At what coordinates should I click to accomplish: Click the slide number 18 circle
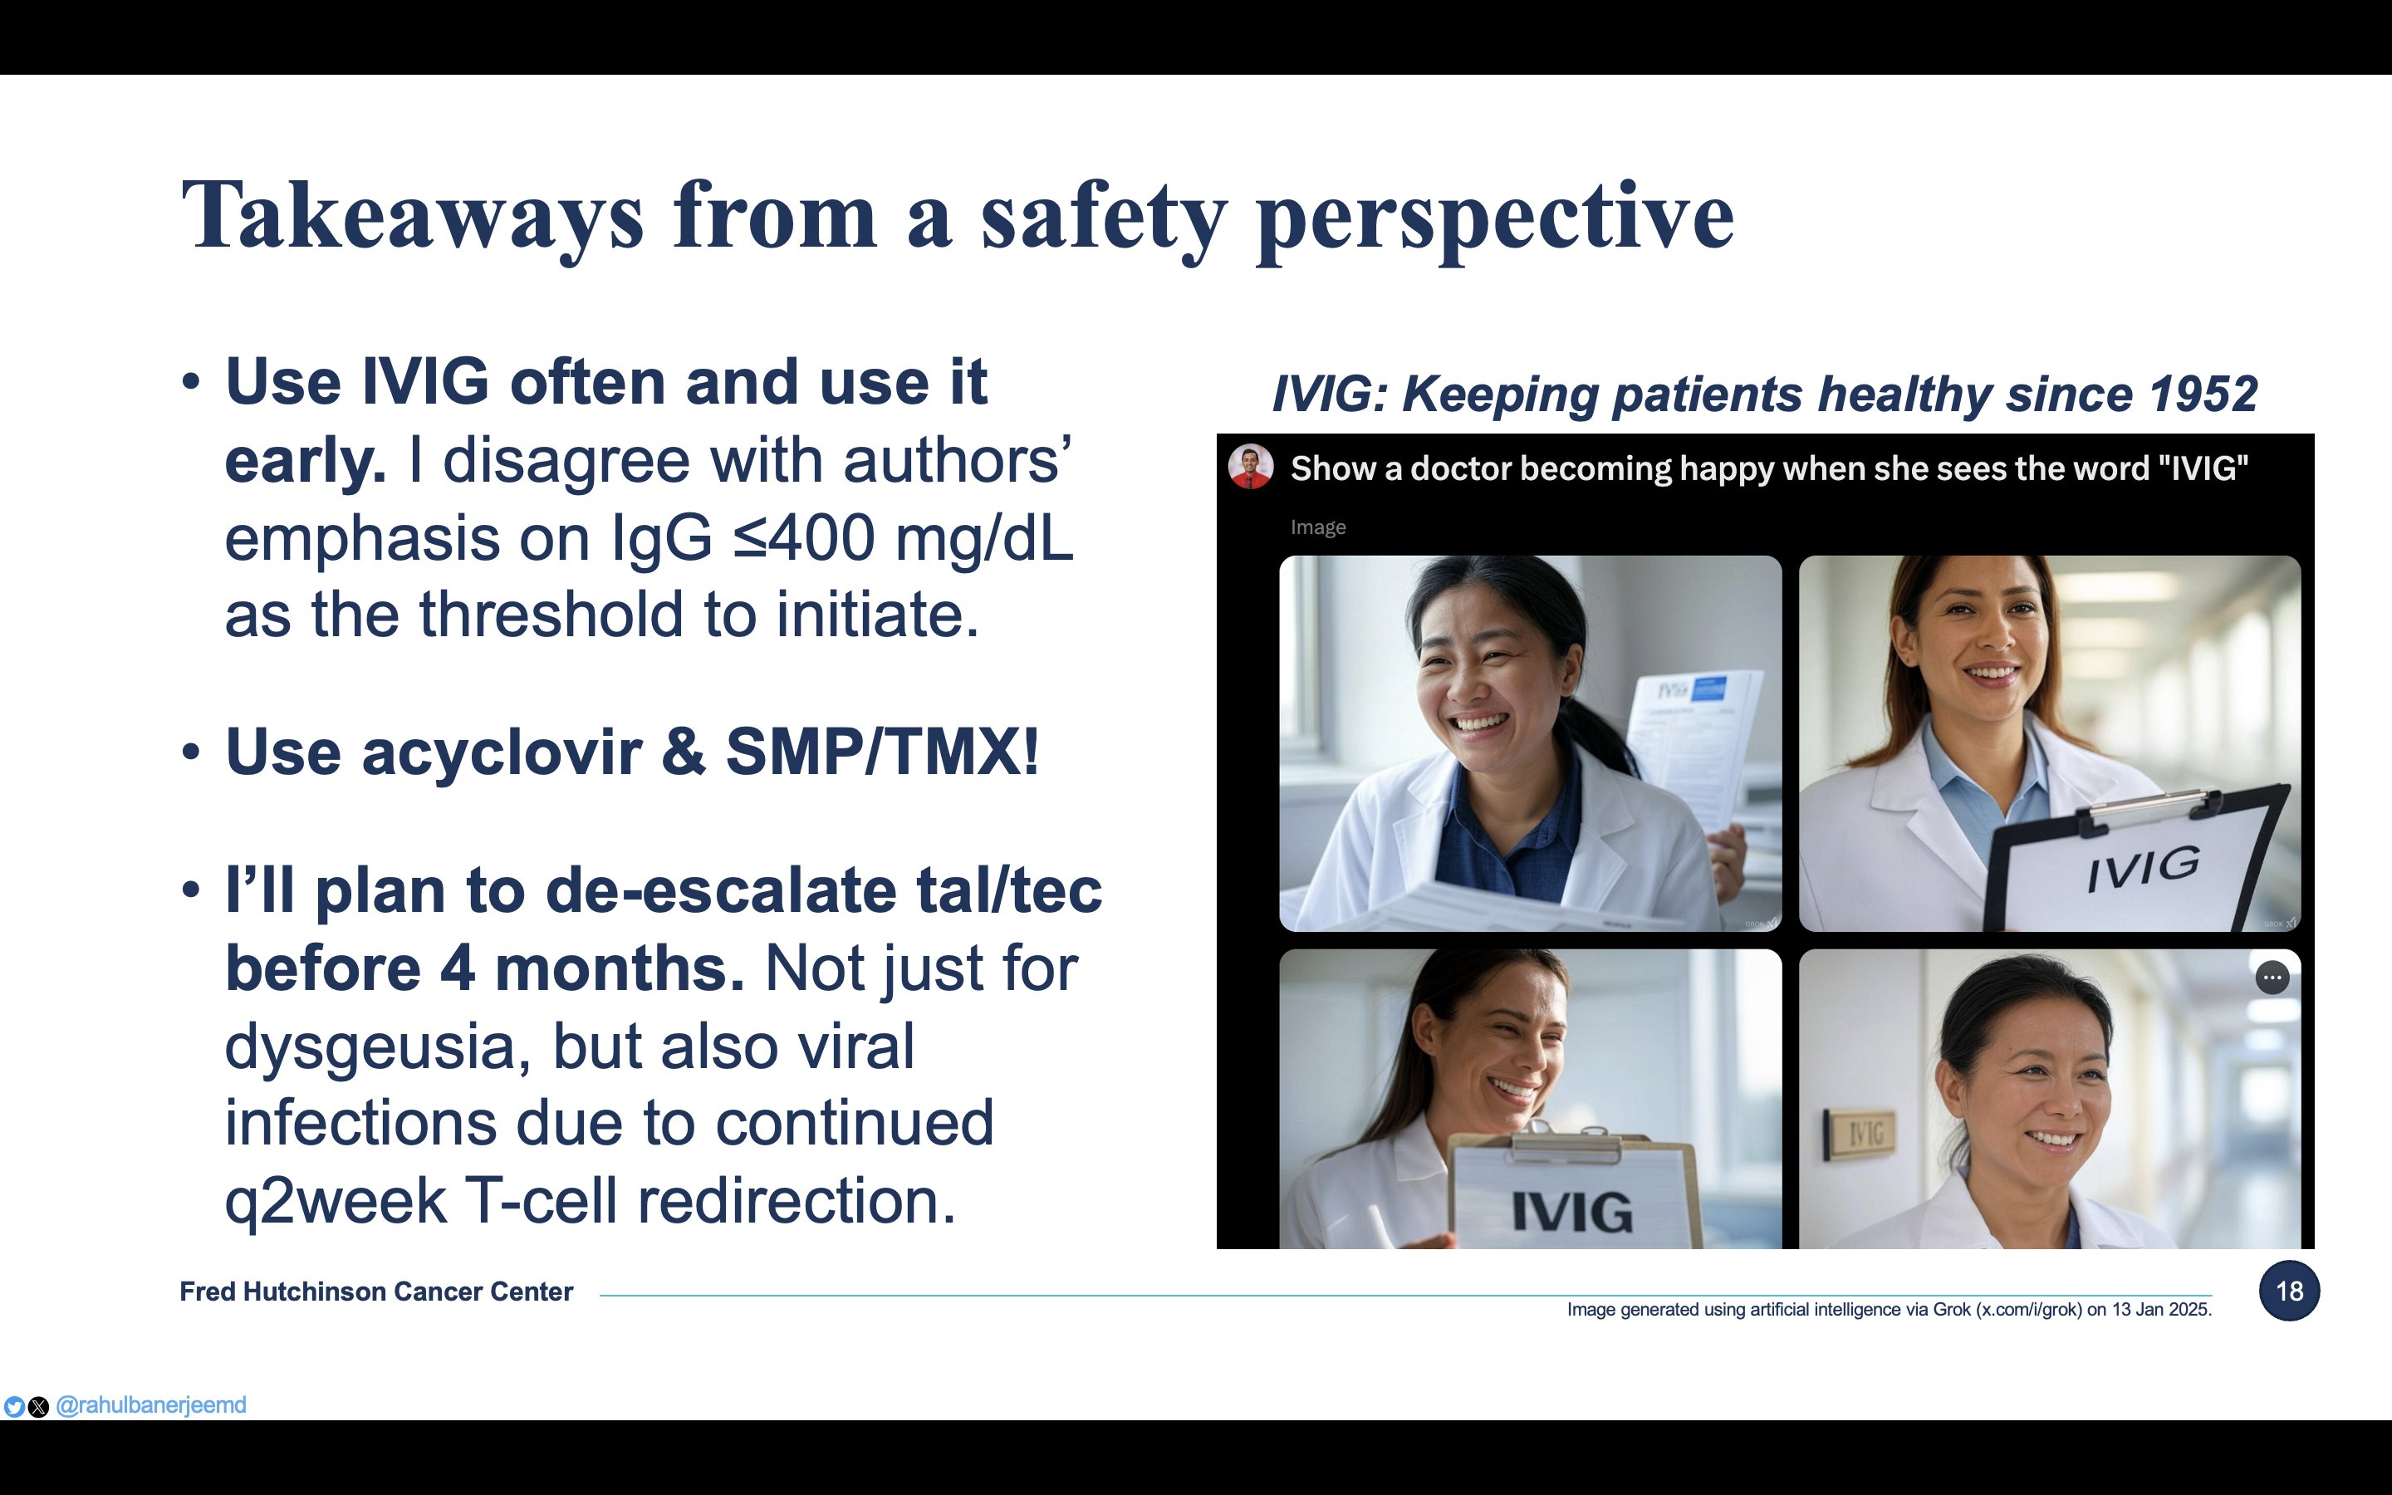[2288, 1291]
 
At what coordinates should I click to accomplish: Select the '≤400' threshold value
[804, 538]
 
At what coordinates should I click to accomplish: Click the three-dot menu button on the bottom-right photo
[2272, 978]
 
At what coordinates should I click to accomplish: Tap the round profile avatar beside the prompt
[1250, 467]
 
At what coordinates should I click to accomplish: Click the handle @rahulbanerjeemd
[151, 1405]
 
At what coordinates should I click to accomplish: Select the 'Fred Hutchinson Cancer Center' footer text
[375, 1292]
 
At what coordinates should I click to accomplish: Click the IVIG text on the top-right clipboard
[2144, 868]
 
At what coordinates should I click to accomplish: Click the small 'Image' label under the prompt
[1317, 527]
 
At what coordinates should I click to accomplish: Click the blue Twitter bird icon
[14, 1406]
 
